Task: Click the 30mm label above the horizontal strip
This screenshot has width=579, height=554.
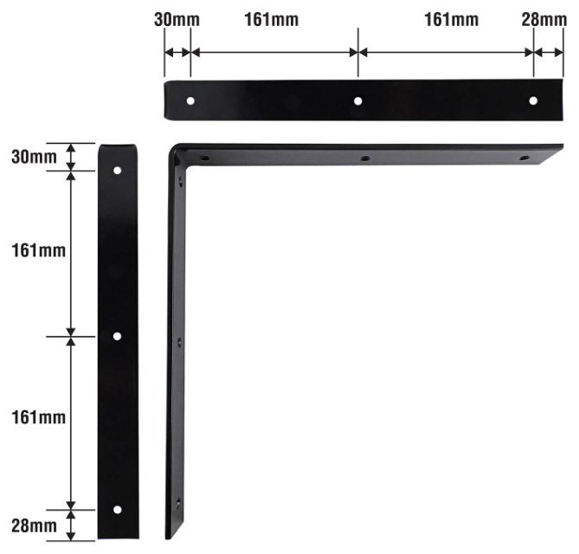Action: tap(177, 20)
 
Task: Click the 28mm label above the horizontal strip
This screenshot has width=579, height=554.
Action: tap(544, 20)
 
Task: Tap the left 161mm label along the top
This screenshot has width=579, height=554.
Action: tap(272, 20)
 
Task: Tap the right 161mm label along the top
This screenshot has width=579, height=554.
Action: tap(451, 20)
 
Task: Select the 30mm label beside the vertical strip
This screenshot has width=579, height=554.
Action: tap(34, 157)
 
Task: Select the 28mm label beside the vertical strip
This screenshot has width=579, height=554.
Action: tap(34, 525)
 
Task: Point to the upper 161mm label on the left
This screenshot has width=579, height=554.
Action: tap(38, 251)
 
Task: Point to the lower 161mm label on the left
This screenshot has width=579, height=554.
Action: tap(38, 418)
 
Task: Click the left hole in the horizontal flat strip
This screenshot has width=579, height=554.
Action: tap(190, 100)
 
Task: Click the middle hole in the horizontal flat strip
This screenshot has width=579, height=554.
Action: tap(357, 100)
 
